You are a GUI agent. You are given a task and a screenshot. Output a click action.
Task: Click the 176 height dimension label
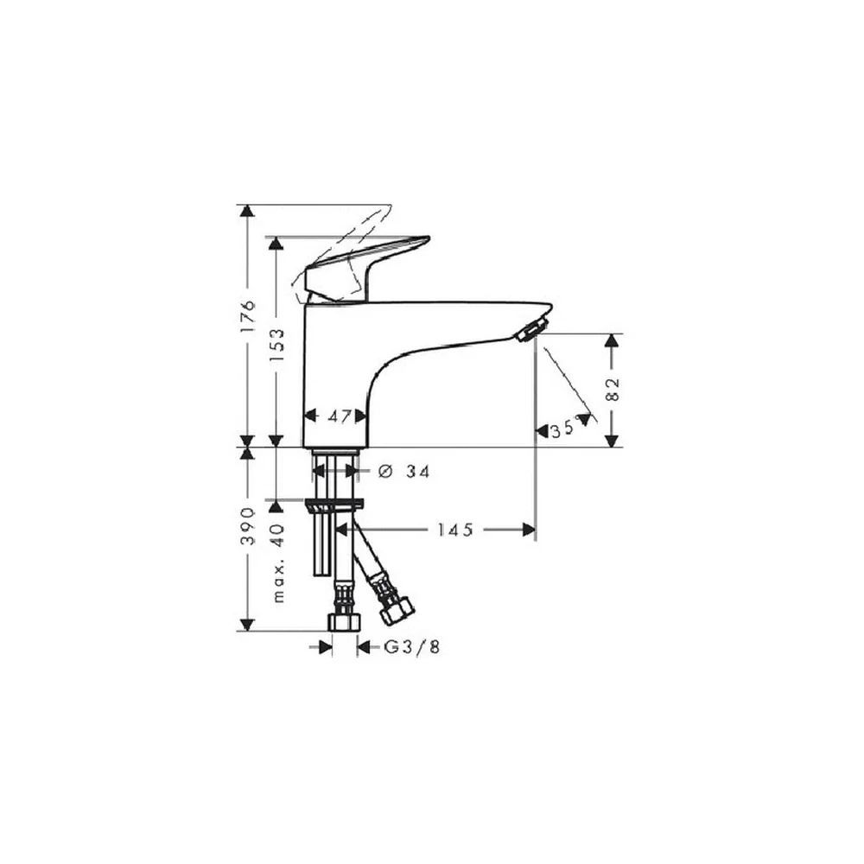tap(248, 315)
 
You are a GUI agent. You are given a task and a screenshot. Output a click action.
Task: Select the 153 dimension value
tap(276, 345)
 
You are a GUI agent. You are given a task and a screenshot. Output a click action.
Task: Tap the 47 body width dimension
tap(339, 416)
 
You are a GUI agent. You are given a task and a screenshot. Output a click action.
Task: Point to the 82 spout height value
tap(613, 390)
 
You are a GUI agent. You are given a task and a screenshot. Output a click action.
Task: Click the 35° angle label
tap(562, 429)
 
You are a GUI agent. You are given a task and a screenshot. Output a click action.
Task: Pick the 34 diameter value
tap(417, 472)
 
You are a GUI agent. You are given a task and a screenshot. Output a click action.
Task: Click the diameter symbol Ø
tap(385, 472)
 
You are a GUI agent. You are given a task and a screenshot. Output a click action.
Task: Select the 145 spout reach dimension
tap(455, 530)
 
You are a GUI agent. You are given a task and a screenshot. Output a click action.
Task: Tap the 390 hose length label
tap(249, 526)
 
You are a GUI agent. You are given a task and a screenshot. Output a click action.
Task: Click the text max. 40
tap(278, 562)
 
